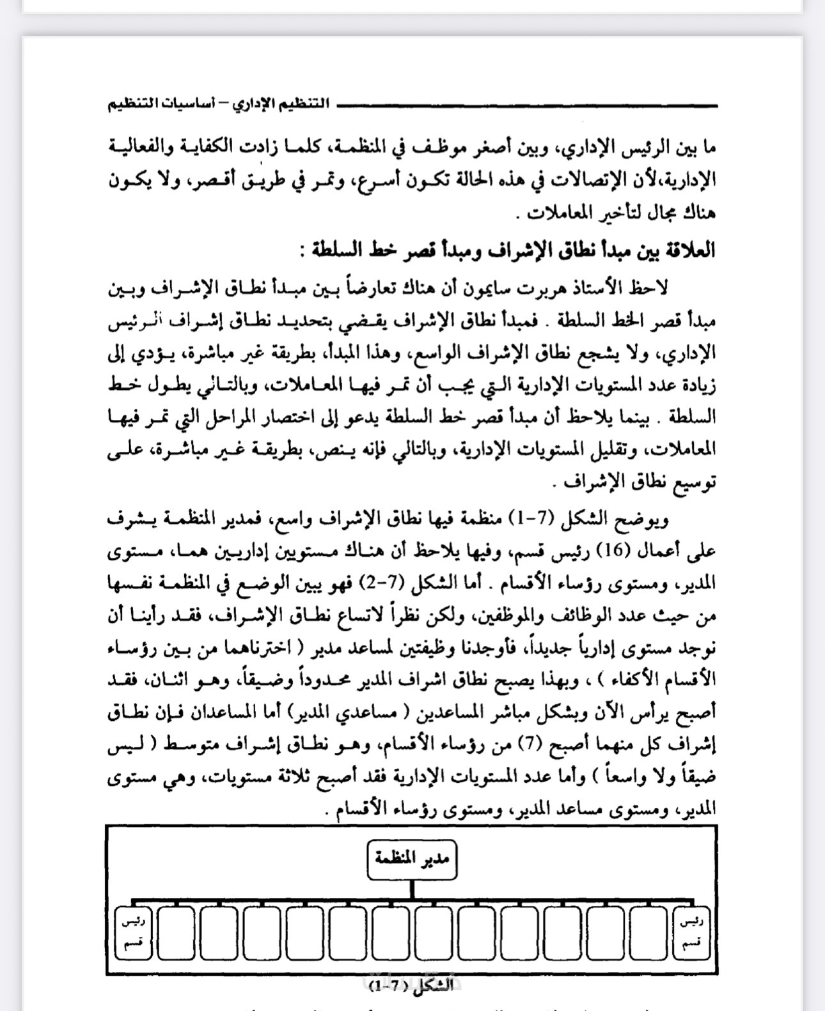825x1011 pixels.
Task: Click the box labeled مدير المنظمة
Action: pos(412,860)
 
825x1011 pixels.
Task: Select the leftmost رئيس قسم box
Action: pos(134,932)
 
